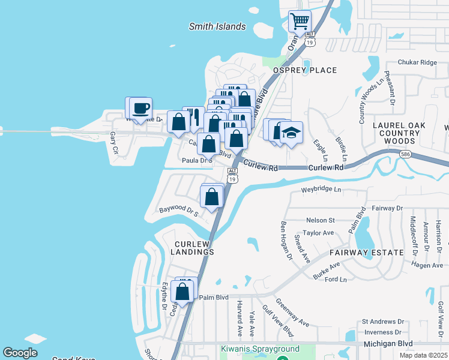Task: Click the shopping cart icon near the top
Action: tap(300, 22)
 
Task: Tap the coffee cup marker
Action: tap(140, 109)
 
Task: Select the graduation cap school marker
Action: tap(291, 133)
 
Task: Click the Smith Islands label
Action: tap(217, 26)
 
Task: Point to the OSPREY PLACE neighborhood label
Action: tap(305, 70)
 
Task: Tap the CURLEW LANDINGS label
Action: tap(194, 248)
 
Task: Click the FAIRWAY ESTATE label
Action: tap(373, 253)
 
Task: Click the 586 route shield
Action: tap(405, 154)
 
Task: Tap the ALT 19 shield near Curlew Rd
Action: tap(233, 175)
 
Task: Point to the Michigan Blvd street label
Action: tap(388, 344)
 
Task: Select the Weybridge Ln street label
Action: tap(321, 190)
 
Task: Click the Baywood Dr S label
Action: tap(178, 211)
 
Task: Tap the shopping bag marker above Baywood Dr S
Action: tap(212, 196)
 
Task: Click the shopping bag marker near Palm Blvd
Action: tap(182, 292)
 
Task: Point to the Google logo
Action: tap(20, 353)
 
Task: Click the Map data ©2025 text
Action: tap(424, 355)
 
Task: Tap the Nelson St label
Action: tap(320, 220)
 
